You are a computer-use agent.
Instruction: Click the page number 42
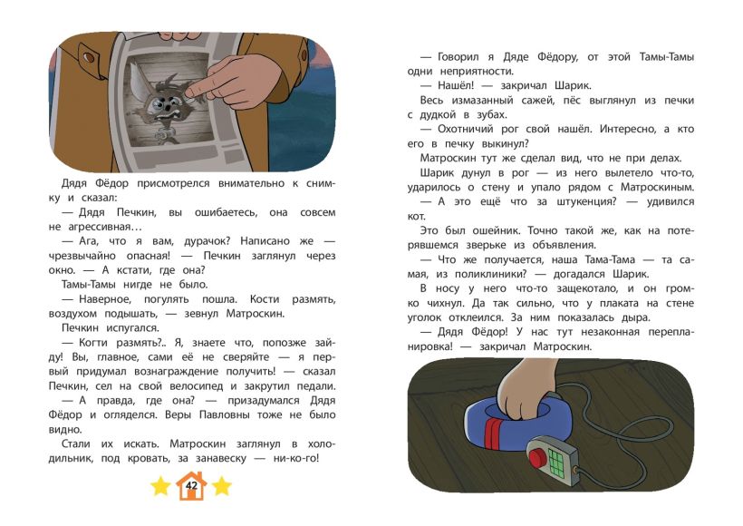[x=191, y=486]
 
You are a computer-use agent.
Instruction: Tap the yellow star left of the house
[x=160, y=487]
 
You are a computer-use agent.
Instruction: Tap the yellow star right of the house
[x=222, y=487]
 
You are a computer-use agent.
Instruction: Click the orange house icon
[x=191, y=485]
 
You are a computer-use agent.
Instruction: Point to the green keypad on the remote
[x=557, y=460]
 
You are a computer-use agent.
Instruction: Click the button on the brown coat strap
[x=89, y=58]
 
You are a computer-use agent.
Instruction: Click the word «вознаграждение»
[x=177, y=372]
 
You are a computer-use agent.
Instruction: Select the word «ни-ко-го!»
[x=296, y=459]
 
